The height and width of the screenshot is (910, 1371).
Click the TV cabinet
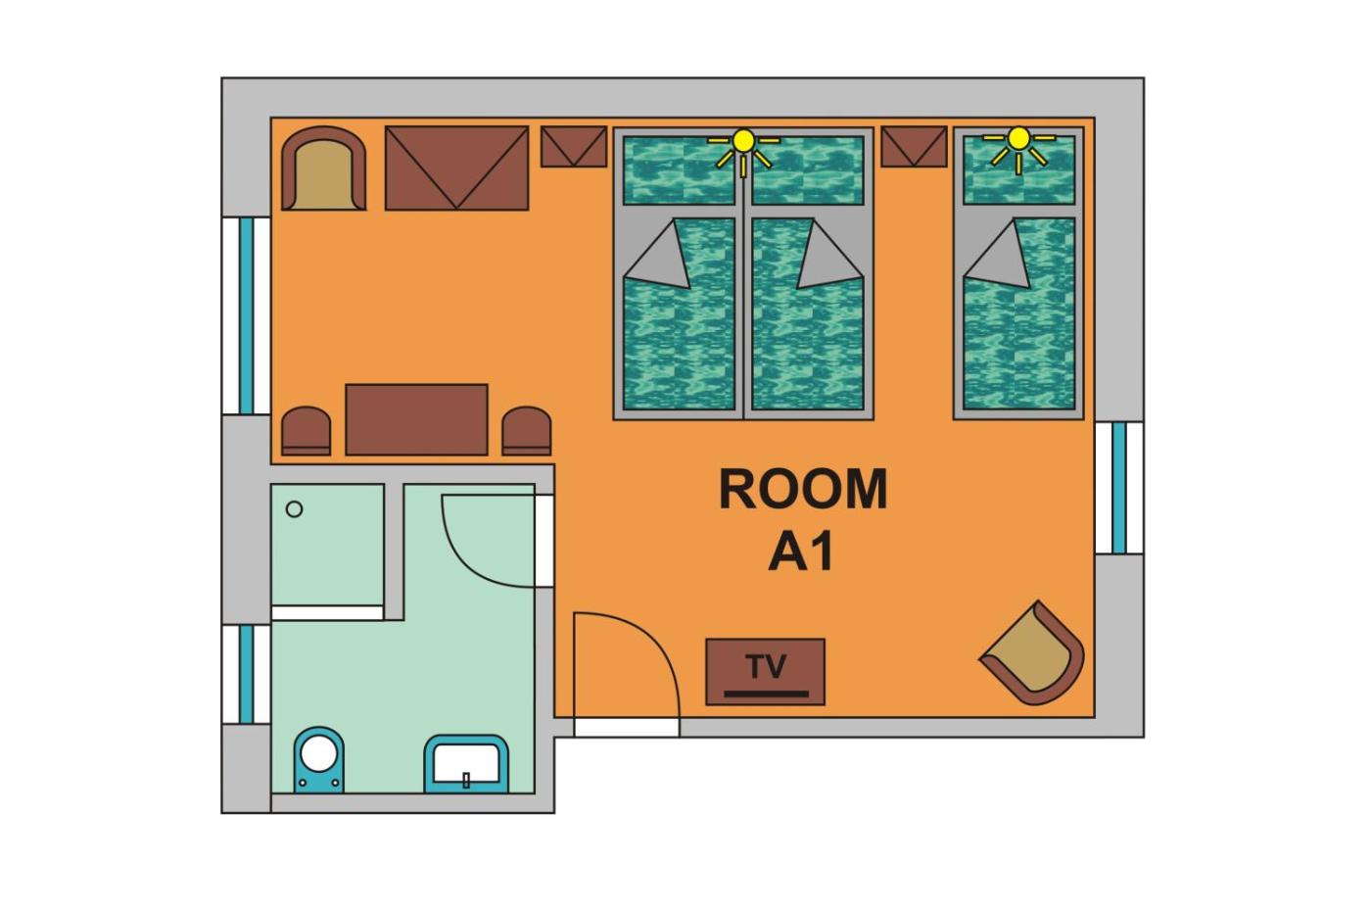[765, 672]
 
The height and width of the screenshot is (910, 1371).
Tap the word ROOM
[803, 490]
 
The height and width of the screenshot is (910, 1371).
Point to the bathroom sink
[466, 764]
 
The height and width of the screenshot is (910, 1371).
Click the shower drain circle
[295, 509]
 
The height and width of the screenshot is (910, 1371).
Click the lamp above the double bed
[743, 151]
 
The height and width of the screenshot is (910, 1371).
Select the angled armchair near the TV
[1033, 653]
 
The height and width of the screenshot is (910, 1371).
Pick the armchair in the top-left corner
[324, 168]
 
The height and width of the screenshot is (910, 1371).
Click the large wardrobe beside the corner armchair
[456, 168]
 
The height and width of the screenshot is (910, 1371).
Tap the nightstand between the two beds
[914, 146]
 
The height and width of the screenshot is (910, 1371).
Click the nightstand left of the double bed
[574, 146]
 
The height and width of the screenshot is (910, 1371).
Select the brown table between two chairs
[417, 419]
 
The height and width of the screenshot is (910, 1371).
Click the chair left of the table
[306, 431]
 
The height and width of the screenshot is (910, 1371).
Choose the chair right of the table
[527, 431]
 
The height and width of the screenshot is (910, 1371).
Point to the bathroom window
[246, 674]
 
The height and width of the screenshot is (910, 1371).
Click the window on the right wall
[1119, 488]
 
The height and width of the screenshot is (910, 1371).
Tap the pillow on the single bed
[1019, 170]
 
